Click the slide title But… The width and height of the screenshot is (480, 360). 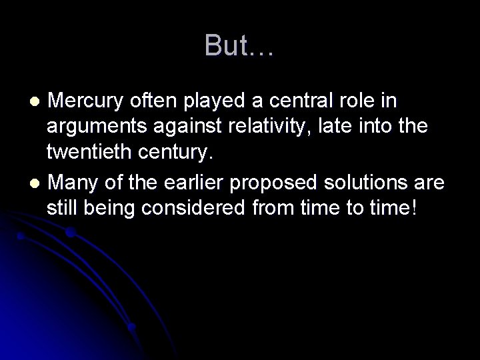pos(239,45)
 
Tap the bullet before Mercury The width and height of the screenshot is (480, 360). pos(37,102)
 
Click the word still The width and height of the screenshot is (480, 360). pos(61,207)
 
